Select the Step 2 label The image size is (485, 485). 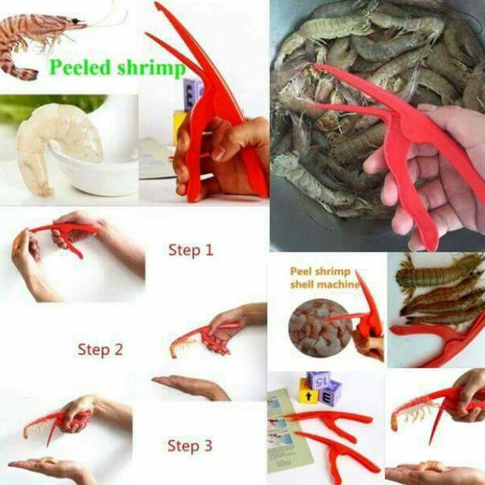pos(99,349)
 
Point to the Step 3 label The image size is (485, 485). pos(189,446)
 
